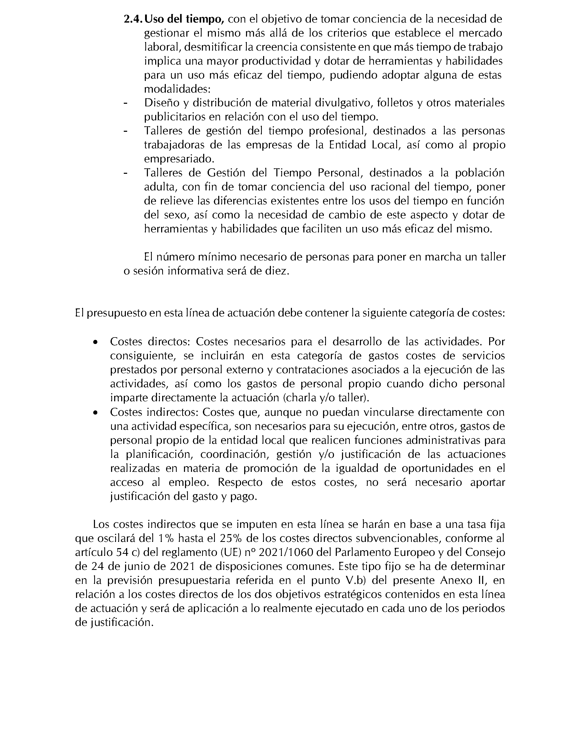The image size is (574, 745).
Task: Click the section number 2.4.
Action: click(133, 19)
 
